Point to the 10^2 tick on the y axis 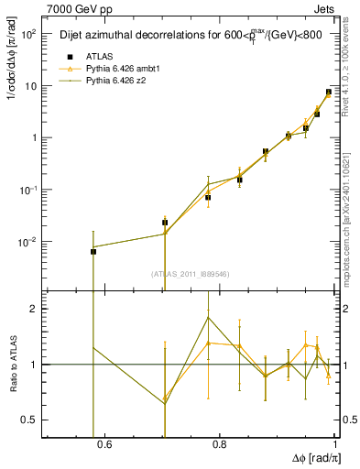[29, 34]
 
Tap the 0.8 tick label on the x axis [219, 445]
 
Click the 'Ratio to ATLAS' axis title [11, 364]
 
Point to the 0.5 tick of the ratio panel [30, 420]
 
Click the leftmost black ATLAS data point [93, 251]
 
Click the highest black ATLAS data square [328, 92]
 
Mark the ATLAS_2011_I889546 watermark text [190, 274]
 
